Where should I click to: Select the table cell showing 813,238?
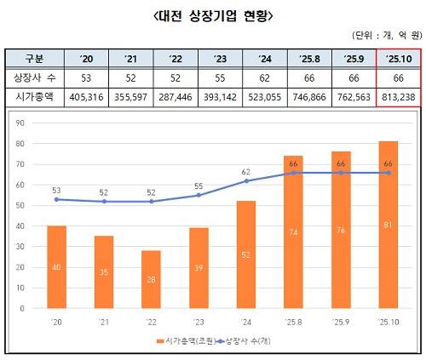(x=398, y=96)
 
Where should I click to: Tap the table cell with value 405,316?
(x=83, y=96)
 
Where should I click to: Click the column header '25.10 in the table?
(x=398, y=59)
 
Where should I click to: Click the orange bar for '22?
(x=153, y=281)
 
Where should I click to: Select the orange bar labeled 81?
(x=388, y=226)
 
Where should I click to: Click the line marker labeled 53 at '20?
(x=57, y=199)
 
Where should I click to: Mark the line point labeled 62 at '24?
(x=247, y=180)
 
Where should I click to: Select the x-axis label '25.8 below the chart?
(x=294, y=321)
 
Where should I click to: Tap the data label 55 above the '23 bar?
(x=199, y=185)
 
